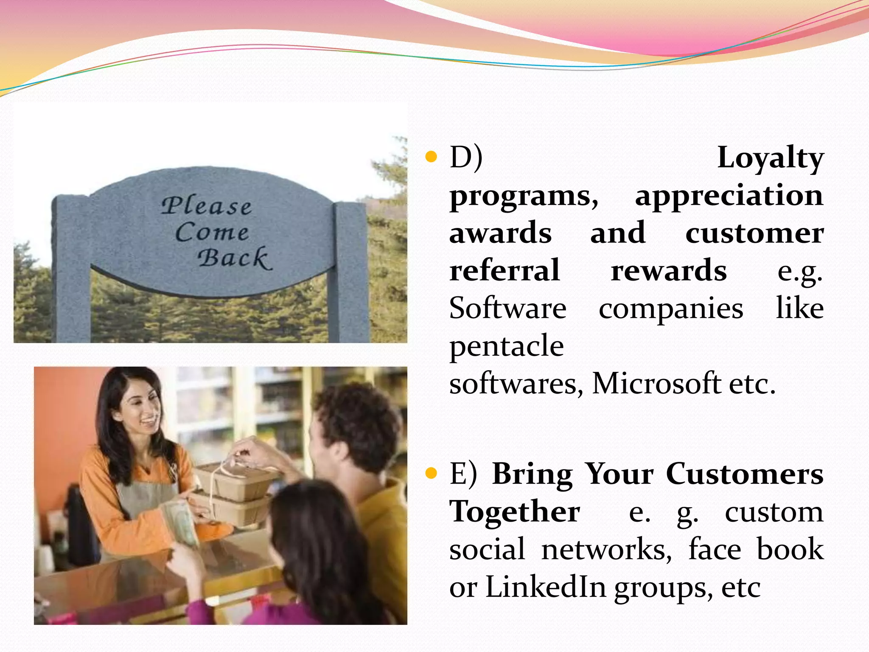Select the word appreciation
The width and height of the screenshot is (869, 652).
pos(729,196)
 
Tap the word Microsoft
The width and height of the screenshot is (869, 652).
pos(656,383)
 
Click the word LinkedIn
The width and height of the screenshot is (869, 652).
pos(545,587)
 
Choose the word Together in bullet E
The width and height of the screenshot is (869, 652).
pos(514,511)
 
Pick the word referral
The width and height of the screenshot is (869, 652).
pos(504,271)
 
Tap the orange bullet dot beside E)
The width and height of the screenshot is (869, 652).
pos(431,474)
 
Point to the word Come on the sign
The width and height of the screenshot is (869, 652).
pos(212,232)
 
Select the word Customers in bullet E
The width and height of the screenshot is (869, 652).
pos(744,474)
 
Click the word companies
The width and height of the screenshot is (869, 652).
pos(671,309)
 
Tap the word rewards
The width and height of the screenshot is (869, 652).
pos(668,271)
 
